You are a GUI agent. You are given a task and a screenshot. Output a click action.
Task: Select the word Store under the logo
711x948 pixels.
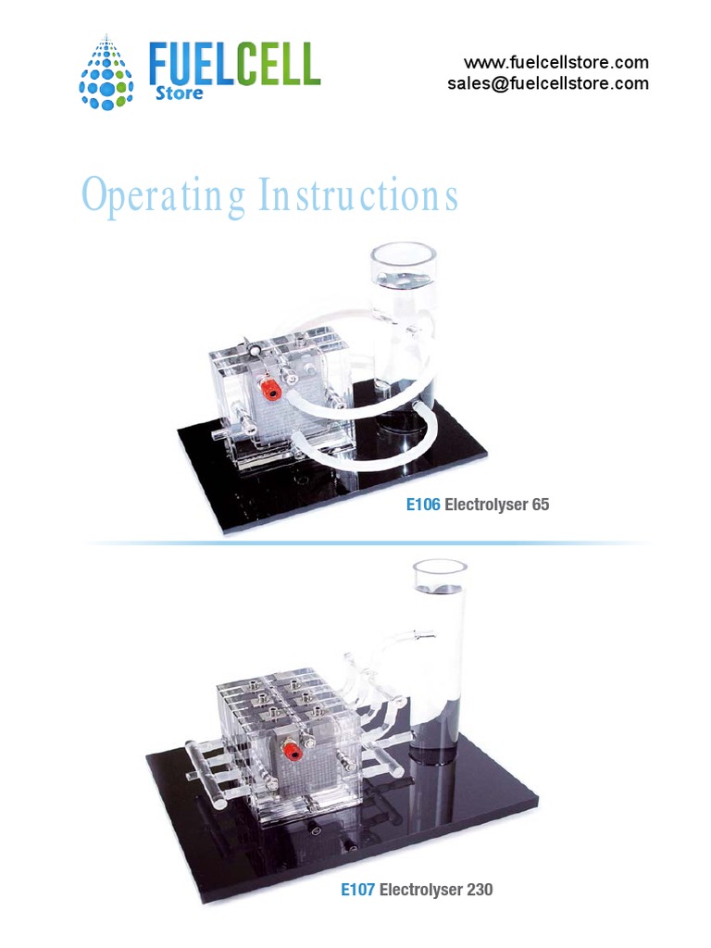[178, 94]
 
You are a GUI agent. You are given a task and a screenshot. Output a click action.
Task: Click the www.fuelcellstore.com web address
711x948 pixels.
[555, 63]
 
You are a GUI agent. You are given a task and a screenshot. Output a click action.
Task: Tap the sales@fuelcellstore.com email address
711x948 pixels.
[547, 83]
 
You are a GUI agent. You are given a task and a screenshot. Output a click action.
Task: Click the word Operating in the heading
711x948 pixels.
[164, 195]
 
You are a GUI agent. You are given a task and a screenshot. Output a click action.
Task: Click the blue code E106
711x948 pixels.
[423, 505]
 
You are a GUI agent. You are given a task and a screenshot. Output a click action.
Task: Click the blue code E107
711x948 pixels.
[357, 890]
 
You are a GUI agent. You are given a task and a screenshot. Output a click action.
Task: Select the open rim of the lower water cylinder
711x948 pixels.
[439, 570]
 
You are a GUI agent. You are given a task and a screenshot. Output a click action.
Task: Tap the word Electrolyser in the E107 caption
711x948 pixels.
[420, 890]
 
